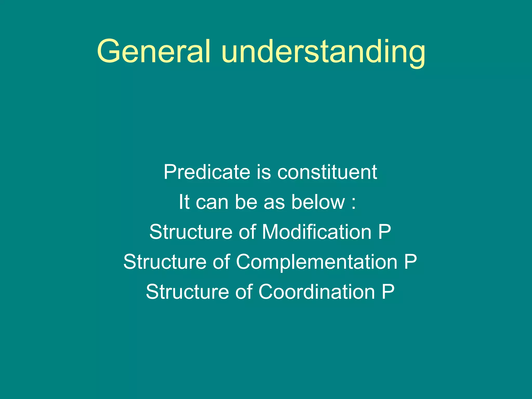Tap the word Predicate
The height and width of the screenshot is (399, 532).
[x=207, y=172]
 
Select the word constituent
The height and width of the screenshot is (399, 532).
[x=327, y=172]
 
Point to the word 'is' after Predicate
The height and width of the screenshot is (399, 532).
[x=264, y=172]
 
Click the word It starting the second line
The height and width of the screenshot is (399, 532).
[x=184, y=202]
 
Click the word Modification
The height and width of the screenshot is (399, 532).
[x=317, y=232]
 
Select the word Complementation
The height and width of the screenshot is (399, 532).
[x=317, y=262]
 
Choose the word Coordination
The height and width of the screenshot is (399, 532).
[x=317, y=291]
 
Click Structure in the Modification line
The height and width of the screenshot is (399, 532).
[x=191, y=232]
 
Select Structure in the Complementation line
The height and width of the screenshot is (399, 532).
[x=165, y=262]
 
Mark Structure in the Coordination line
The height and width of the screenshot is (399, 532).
[x=187, y=291]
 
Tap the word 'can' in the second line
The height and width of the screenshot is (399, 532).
[x=212, y=202]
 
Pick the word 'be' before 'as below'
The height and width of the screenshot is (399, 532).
[x=246, y=202]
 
